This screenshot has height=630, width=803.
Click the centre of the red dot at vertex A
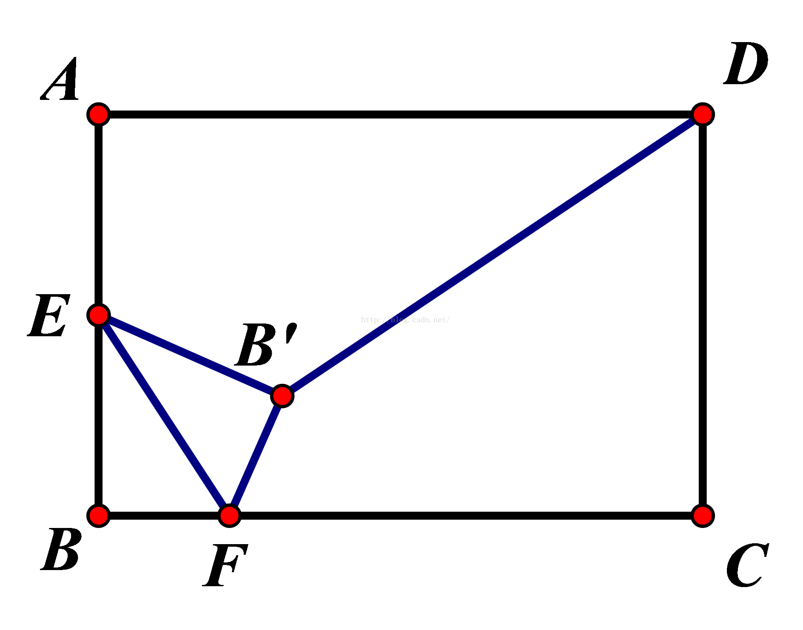click(x=99, y=114)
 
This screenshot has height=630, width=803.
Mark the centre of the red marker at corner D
click(x=703, y=114)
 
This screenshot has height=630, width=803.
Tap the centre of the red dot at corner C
click(x=703, y=516)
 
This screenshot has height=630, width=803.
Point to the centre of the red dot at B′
click(x=282, y=396)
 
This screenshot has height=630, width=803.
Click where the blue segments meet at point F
click(x=230, y=516)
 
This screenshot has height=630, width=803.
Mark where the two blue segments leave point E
click(x=99, y=315)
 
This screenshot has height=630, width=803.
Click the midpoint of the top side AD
click(x=401, y=114)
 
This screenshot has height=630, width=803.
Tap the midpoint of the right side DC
click(x=703, y=315)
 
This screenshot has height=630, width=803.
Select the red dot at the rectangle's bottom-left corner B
click(x=99, y=516)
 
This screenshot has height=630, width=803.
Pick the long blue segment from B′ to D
click(x=493, y=255)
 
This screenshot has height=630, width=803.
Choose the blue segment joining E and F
click(x=164, y=415)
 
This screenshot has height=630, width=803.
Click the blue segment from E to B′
click(x=191, y=355)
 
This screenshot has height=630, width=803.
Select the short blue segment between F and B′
click(x=256, y=456)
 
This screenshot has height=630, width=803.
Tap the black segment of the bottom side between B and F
click(x=164, y=516)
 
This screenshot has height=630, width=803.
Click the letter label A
click(x=61, y=79)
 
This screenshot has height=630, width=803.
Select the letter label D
click(x=746, y=63)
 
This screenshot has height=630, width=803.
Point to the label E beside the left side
click(x=49, y=315)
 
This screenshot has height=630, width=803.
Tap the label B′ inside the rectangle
click(x=266, y=344)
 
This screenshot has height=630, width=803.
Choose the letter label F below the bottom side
click(x=225, y=565)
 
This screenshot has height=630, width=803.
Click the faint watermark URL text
click(x=405, y=320)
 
